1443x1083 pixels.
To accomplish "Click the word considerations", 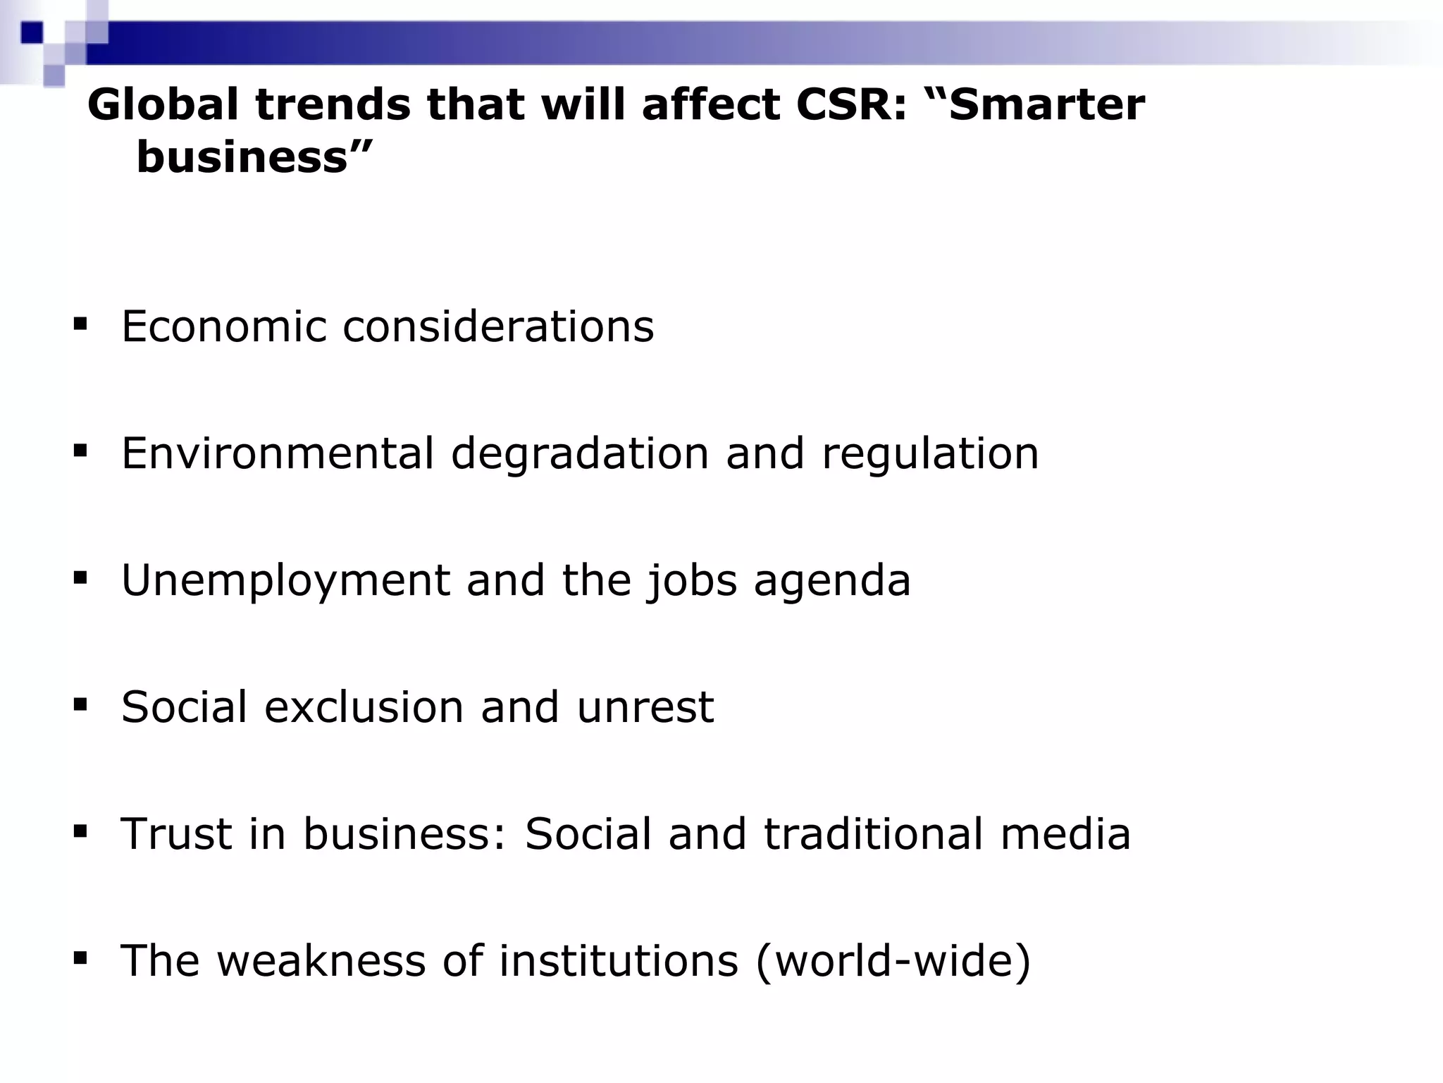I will point(498,326).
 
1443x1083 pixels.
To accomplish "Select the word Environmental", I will point(278,453).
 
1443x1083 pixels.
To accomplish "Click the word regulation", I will point(929,453).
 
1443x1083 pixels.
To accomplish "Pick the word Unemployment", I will point(285,580).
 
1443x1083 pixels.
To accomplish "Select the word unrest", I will point(645,706).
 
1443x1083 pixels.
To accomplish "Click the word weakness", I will point(321,960).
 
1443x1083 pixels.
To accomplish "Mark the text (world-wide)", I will point(893,960).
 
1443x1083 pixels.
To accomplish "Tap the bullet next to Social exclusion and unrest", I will point(80,704).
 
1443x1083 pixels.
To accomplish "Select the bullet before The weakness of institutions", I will point(80,957).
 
